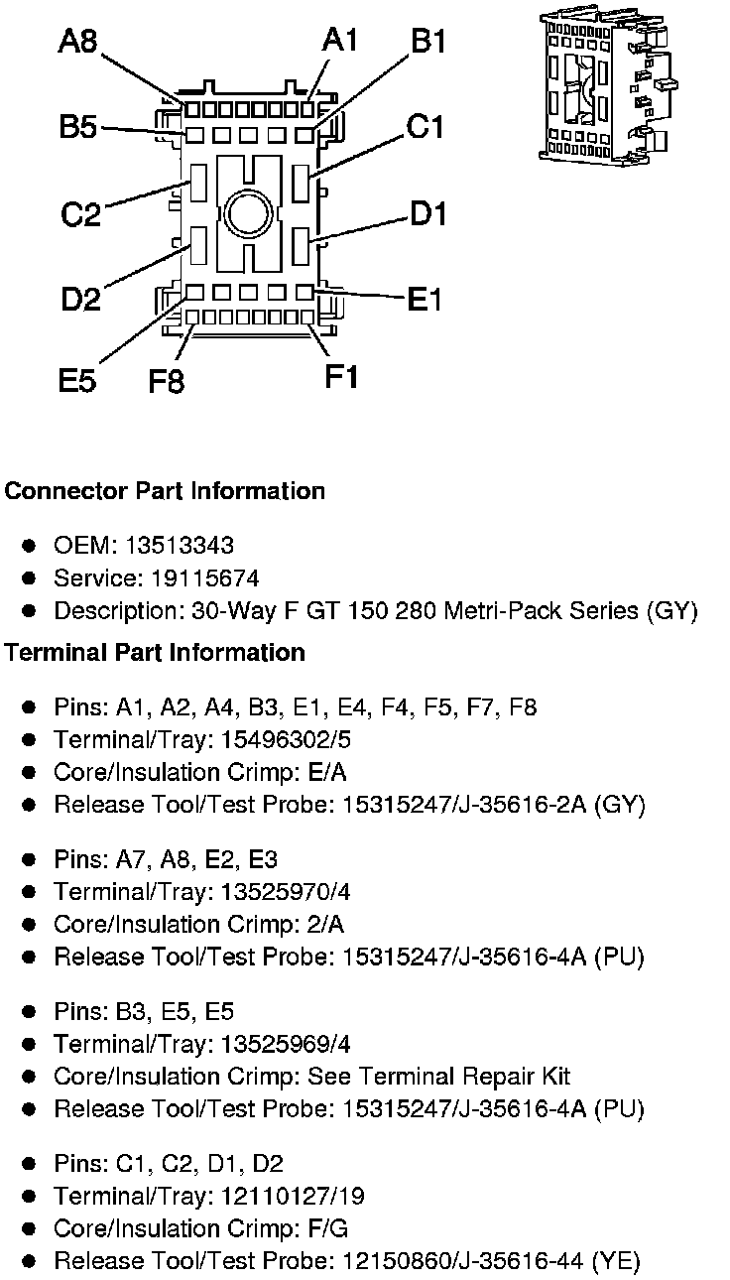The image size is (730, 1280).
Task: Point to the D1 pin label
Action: click(x=428, y=213)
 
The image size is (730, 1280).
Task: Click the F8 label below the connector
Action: click(x=167, y=380)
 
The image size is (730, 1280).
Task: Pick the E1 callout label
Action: click(x=425, y=299)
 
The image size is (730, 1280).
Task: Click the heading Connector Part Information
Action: click(x=165, y=491)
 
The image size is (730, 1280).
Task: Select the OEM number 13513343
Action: click(x=180, y=546)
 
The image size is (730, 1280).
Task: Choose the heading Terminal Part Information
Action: click(x=155, y=653)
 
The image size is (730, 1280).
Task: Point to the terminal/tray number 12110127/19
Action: click(x=289, y=1196)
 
